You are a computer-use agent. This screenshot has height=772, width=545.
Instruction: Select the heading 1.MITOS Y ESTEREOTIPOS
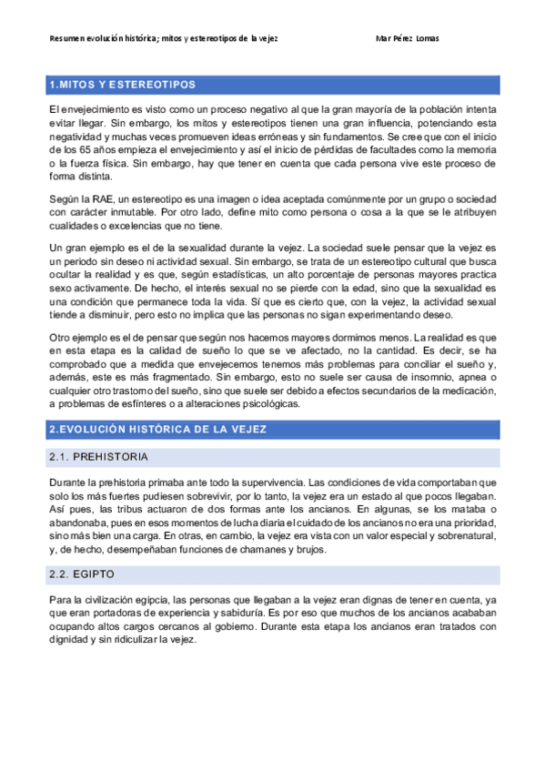tap(124, 85)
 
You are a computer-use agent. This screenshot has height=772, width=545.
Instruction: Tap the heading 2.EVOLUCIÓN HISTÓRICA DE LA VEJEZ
tap(156, 428)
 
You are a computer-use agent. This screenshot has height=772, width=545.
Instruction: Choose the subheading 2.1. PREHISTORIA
tap(99, 455)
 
